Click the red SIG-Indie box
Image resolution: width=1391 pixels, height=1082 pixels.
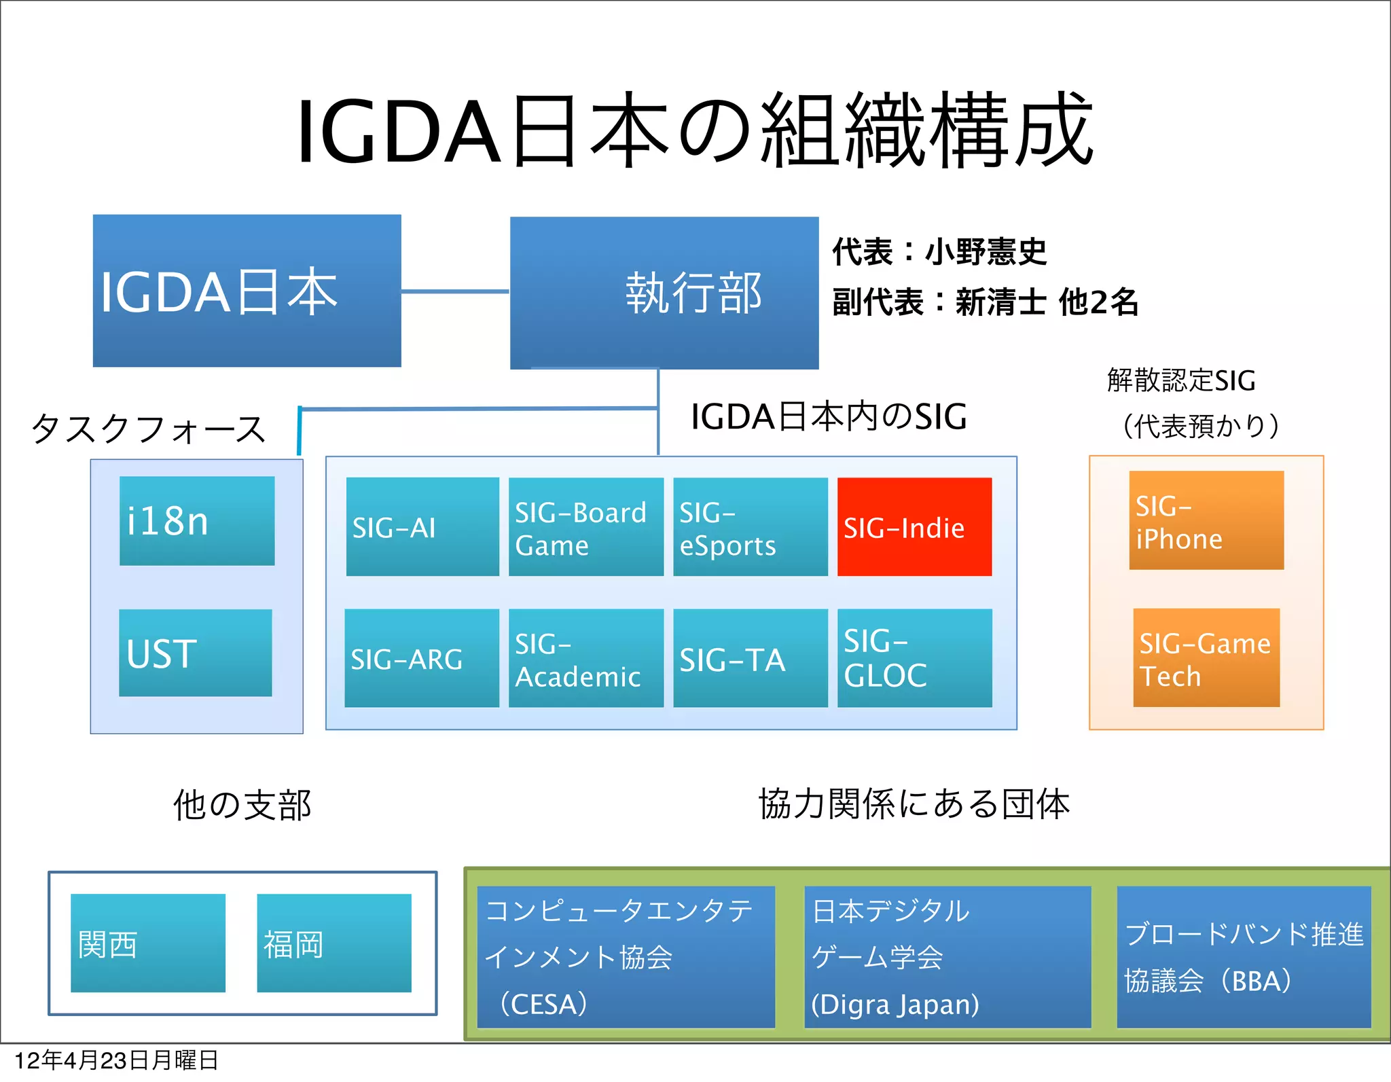(x=914, y=526)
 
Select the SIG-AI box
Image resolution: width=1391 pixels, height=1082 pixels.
(x=422, y=526)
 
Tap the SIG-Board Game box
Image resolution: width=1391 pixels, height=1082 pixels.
(x=585, y=526)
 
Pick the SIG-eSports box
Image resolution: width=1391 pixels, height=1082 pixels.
(x=750, y=526)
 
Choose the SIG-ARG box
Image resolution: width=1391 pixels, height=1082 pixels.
(x=422, y=657)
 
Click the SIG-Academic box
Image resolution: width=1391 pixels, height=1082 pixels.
(x=585, y=657)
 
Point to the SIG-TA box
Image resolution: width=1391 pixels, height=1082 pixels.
(x=750, y=657)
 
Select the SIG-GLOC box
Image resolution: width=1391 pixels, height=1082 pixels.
(x=914, y=657)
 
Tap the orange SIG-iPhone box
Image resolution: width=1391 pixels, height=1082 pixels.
(x=1206, y=520)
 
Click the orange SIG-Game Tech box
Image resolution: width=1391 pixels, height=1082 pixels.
(x=1206, y=657)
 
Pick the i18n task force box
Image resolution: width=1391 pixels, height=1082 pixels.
(x=197, y=520)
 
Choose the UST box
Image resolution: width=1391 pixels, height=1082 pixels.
(x=196, y=652)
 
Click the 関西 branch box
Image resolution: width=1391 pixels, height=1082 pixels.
(x=148, y=943)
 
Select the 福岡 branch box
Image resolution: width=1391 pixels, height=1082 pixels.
(x=334, y=943)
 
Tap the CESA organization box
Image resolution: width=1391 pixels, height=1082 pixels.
(x=626, y=956)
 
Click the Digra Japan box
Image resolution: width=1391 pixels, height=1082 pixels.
(x=947, y=956)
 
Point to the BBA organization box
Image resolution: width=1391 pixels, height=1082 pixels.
(x=1244, y=956)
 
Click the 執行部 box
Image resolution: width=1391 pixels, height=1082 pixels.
(x=664, y=293)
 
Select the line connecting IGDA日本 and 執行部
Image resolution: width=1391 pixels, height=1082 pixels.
(x=455, y=291)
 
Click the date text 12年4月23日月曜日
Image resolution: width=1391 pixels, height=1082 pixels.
(x=116, y=1060)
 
